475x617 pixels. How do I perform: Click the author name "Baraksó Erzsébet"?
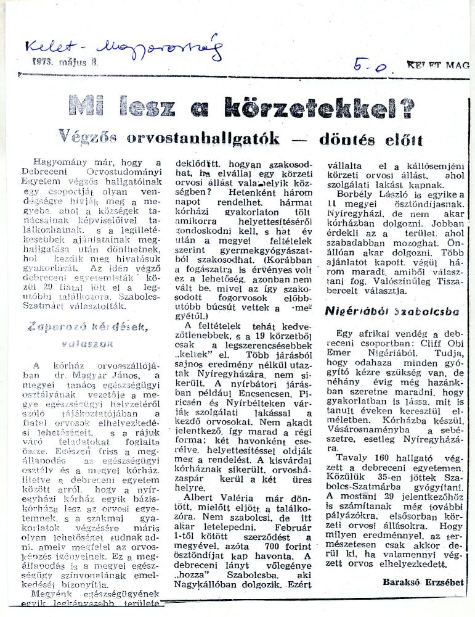tap(422, 582)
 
